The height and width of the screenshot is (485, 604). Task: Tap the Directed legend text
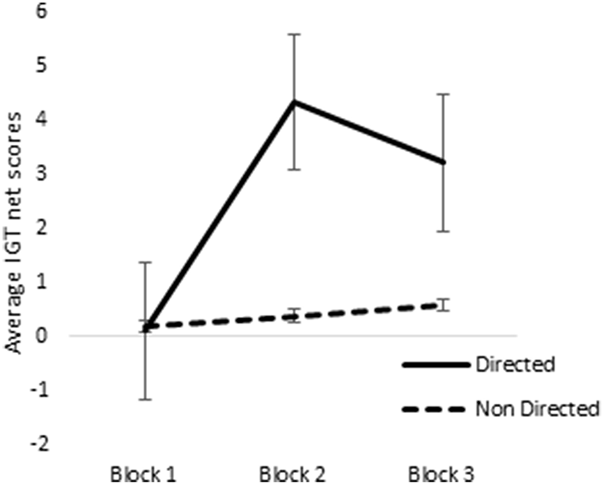point(514,366)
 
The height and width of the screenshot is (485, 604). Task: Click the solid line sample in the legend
point(435,366)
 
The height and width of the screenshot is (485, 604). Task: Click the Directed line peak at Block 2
point(294,102)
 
